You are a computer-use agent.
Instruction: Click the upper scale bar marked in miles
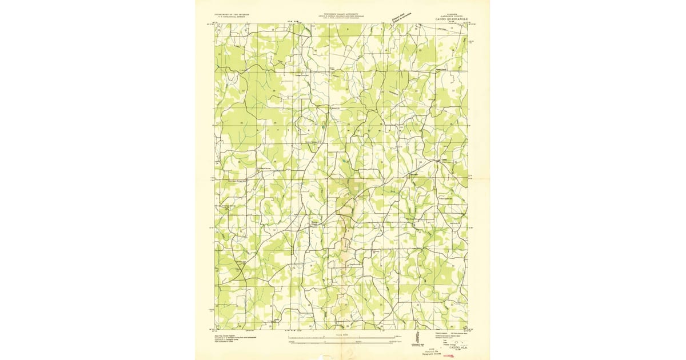pyautogui.click(x=342, y=337)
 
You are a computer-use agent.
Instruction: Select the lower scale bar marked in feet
pyautogui.click(x=342, y=343)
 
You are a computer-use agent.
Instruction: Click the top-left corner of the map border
pyautogui.click(x=216, y=24)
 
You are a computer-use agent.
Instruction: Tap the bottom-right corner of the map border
pyautogui.click(x=468, y=330)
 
